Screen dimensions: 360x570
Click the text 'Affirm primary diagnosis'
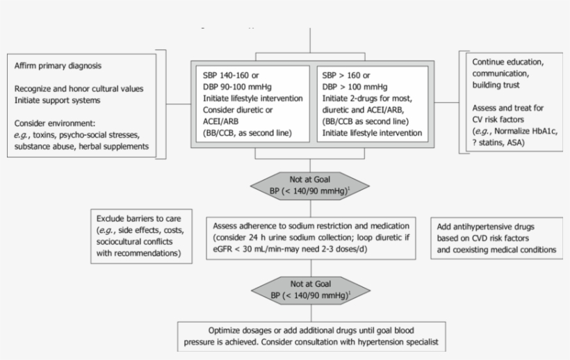tap(58, 66)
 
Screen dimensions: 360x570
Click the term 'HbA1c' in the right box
tap(540, 131)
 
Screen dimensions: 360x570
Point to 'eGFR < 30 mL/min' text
tap(250, 249)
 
